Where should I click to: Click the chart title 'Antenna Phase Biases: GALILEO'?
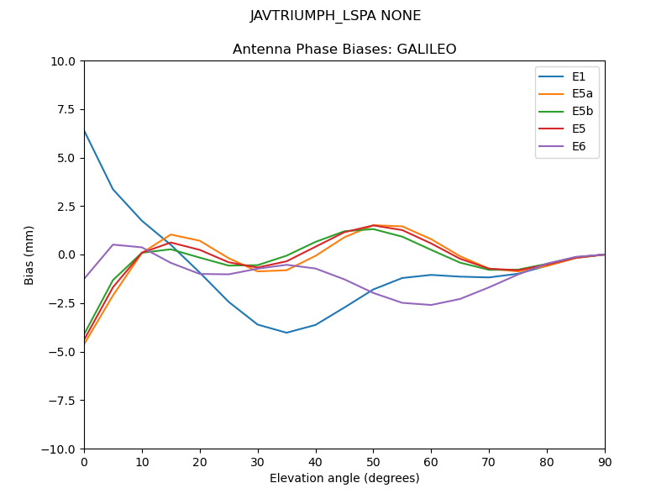(x=344, y=50)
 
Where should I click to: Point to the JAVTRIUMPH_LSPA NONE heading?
(x=336, y=16)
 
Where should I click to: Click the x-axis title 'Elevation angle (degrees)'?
(x=344, y=479)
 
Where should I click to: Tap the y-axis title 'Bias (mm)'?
(x=29, y=255)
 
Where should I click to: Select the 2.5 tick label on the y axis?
(x=66, y=207)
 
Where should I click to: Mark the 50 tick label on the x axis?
(x=373, y=461)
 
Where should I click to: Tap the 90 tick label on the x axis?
(x=605, y=461)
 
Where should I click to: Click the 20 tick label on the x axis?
(x=200, y=461)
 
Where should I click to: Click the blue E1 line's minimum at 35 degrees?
(x=286, y=333)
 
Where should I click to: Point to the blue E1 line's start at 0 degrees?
(x=85, y=131)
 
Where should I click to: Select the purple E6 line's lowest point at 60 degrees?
(x=431, y=305)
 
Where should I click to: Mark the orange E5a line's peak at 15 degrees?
(x=171, y=234)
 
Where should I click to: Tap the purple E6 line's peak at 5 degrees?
(x=113, y=244)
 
